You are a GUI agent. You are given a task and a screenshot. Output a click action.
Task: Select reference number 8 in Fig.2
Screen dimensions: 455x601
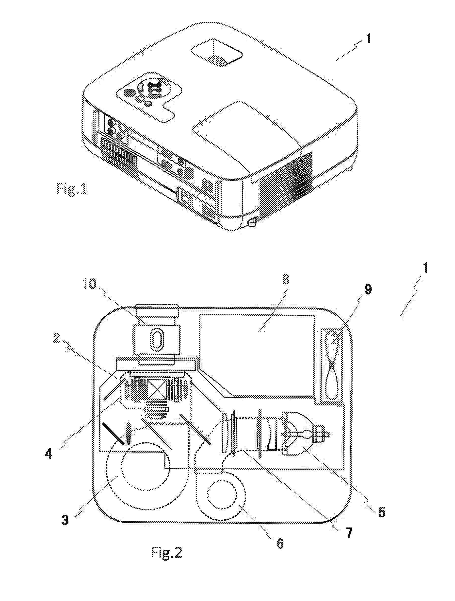tap(286, 280)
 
